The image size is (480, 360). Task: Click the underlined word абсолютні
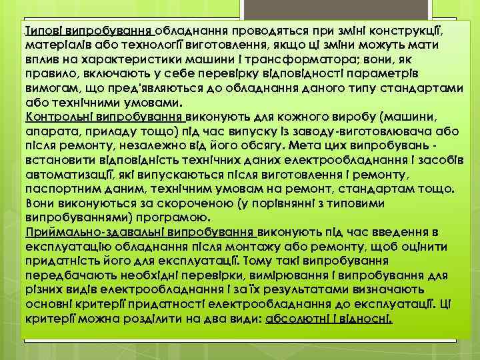pos(299,318)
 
